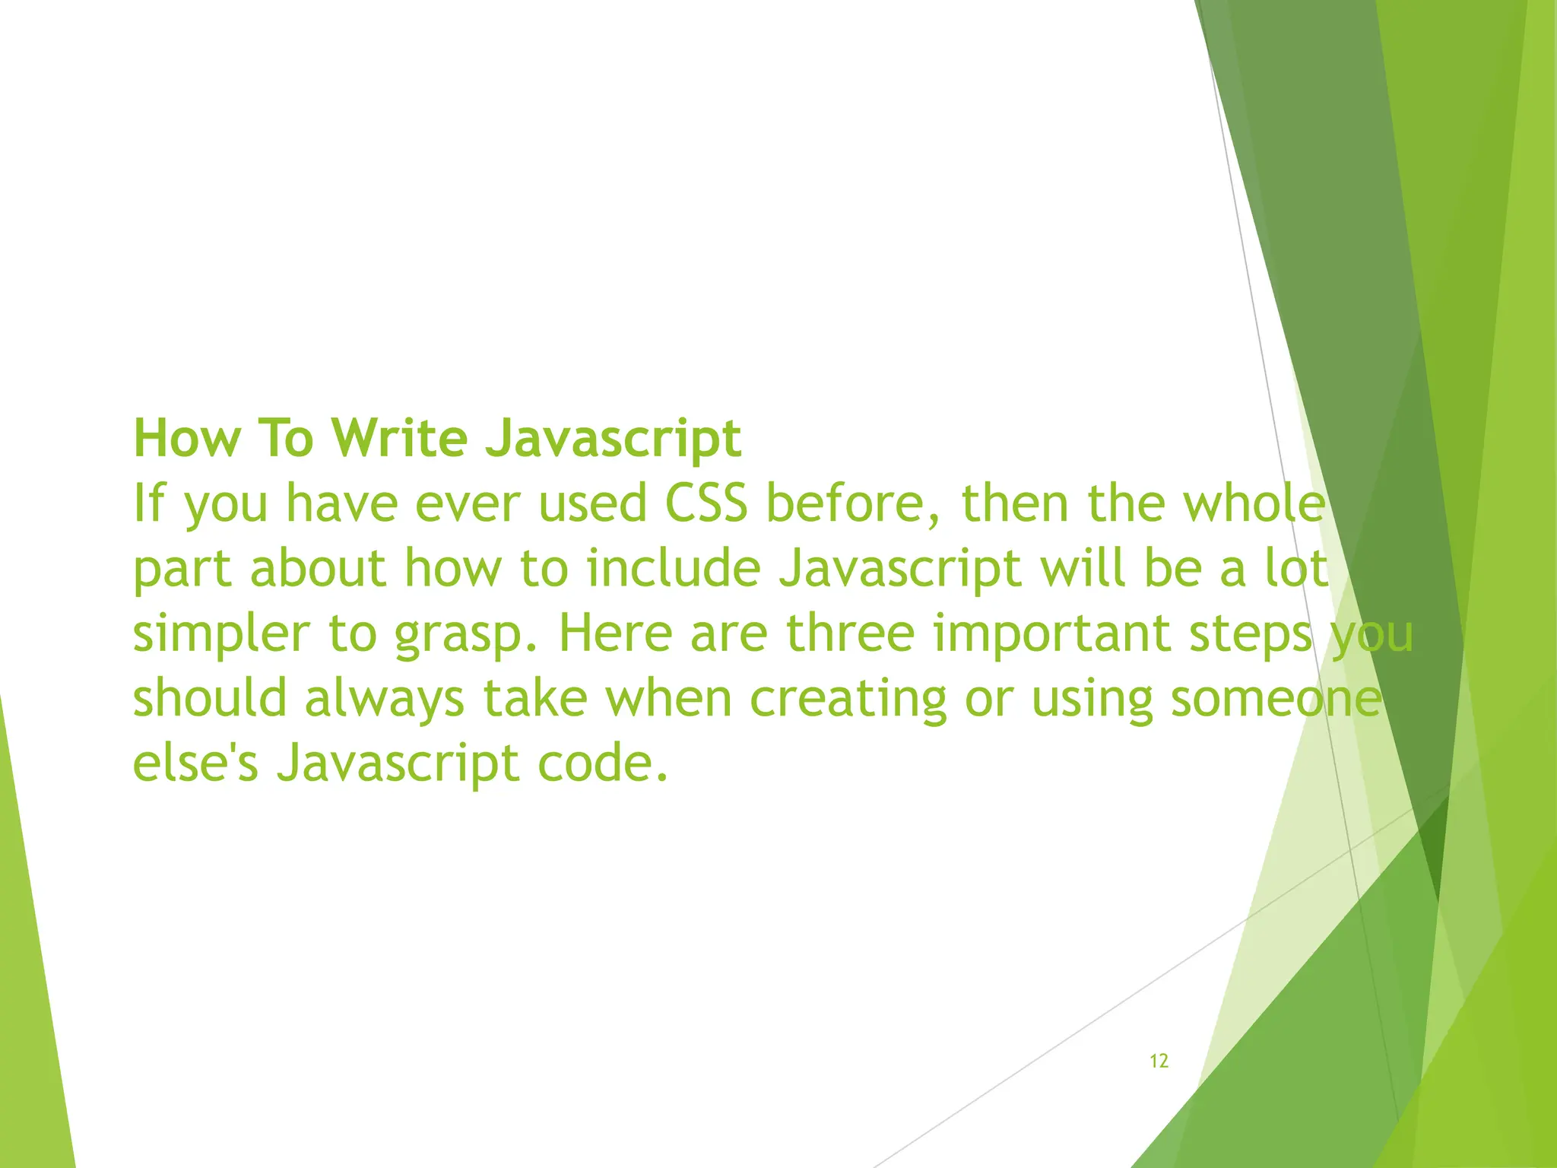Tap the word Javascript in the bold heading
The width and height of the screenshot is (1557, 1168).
click(x=614, y=440)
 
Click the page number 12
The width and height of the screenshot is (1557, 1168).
click(x=1159, y=1062)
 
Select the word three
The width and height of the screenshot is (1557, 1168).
click(x=849, y=633)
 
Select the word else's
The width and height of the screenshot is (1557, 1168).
click(x=195, y=763)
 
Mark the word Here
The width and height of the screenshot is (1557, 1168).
click(x=616, y=633)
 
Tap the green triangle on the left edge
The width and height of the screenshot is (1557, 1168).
click(x=30, y=989)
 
